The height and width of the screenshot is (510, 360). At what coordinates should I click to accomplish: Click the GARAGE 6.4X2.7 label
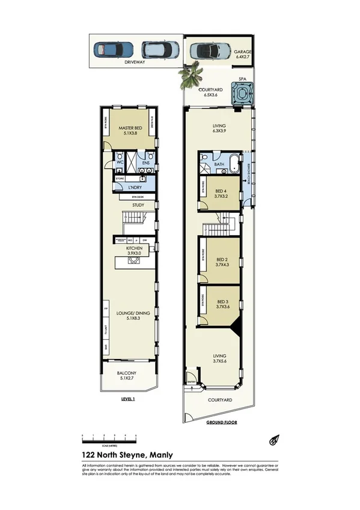coord(243,55)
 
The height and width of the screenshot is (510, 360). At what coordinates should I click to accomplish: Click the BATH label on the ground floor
coord(219,163)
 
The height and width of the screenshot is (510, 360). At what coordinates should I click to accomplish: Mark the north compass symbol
coord(273,440)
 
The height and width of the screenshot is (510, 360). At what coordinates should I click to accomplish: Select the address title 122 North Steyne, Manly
coord(127,455)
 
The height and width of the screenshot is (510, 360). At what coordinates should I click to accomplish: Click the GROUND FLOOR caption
coord(221,422)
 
